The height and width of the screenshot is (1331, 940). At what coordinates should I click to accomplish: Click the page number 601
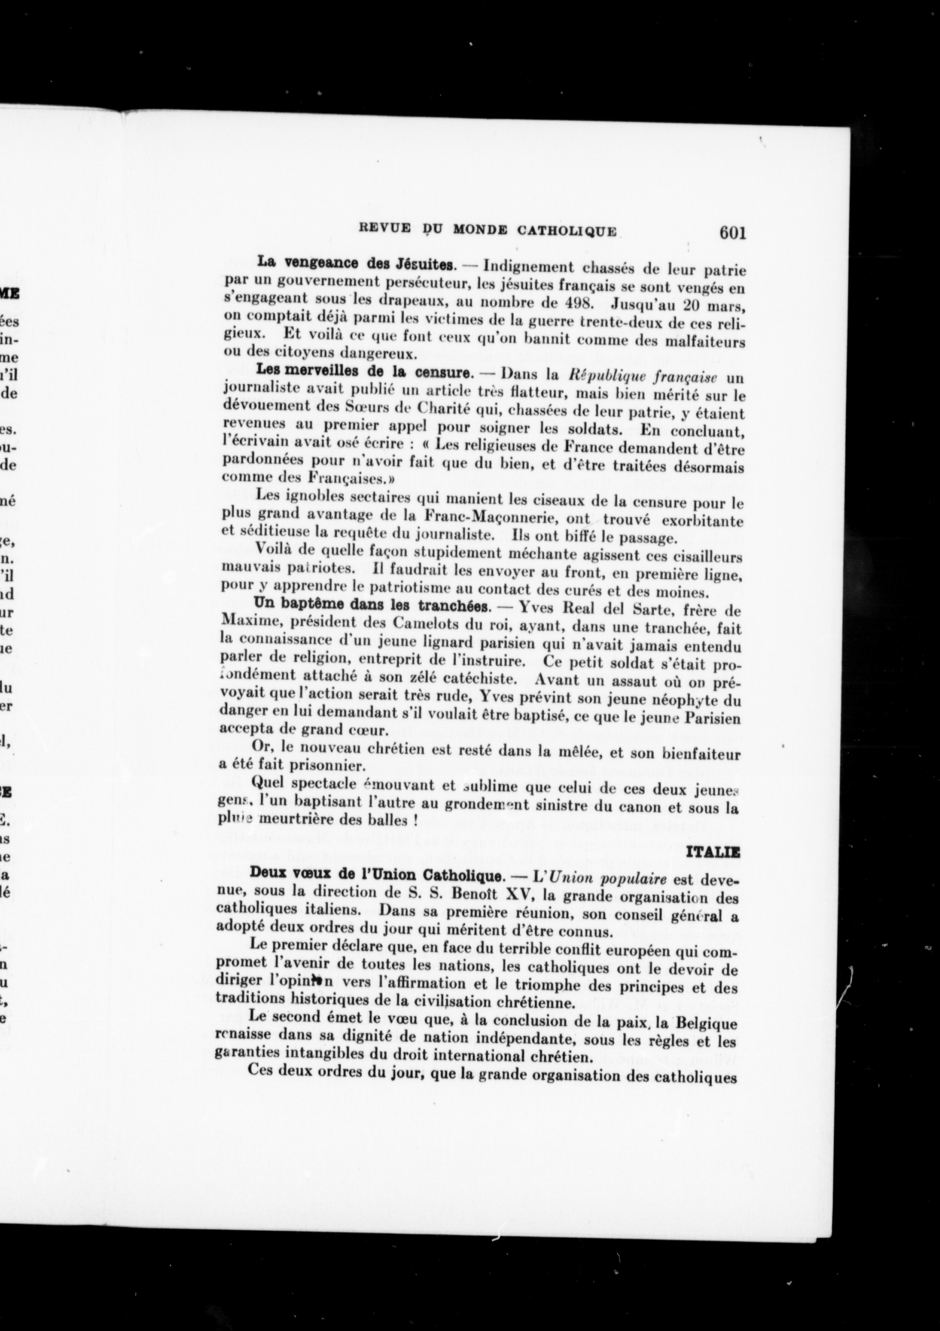732,233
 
